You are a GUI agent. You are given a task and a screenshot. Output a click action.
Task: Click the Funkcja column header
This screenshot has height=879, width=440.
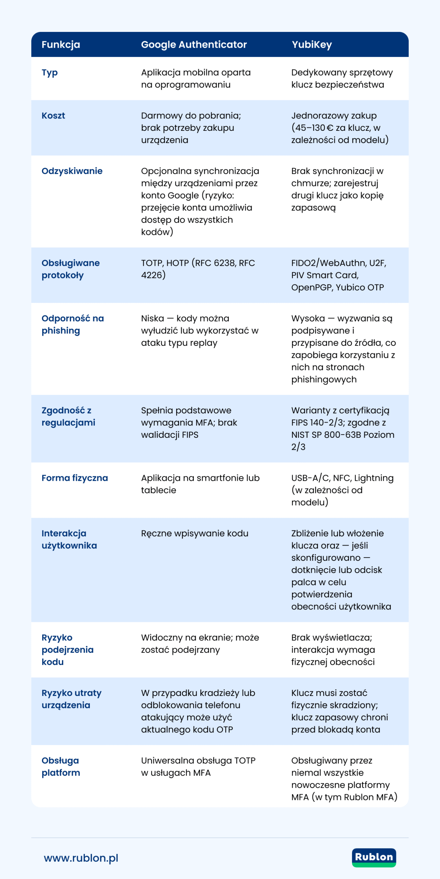click(61, 45)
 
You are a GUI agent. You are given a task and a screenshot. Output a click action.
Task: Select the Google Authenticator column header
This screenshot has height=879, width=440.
click(194, 45)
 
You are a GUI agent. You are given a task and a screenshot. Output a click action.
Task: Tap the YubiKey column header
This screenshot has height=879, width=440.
click(312, 45)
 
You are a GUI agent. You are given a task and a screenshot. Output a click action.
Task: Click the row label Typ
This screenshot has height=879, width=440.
click(50, 73)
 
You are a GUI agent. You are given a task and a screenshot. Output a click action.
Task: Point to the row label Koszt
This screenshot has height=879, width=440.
click(53, 116)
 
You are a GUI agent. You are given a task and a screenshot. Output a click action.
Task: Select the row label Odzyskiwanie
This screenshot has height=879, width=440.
click(72, 171)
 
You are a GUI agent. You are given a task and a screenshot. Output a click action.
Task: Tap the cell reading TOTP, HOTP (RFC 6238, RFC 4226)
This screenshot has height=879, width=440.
click(198, 269)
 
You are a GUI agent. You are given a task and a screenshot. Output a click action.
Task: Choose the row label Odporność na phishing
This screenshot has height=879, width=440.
click(72, 324)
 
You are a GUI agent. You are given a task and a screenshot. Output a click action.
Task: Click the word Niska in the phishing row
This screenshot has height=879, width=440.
click(153, 319)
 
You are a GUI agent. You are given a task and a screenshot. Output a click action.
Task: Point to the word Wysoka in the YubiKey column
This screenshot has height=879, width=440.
click(308, 319)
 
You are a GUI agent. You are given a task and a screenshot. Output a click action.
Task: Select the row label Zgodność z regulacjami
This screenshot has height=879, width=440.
click(68, 416)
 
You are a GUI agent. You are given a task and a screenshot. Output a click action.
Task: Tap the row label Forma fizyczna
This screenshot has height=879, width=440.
click(75, 478)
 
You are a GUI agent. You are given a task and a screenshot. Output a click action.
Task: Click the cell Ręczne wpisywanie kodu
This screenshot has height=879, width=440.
click(194, 534)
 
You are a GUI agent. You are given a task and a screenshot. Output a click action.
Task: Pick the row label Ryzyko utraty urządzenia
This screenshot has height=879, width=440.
click(71, 699)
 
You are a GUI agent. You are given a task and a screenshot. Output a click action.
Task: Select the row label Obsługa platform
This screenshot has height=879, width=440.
click(60, 767)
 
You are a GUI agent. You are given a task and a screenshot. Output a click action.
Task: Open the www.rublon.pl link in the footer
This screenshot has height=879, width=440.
click(81, 858)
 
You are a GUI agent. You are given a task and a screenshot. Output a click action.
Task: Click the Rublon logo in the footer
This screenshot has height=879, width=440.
click(374, 857)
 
